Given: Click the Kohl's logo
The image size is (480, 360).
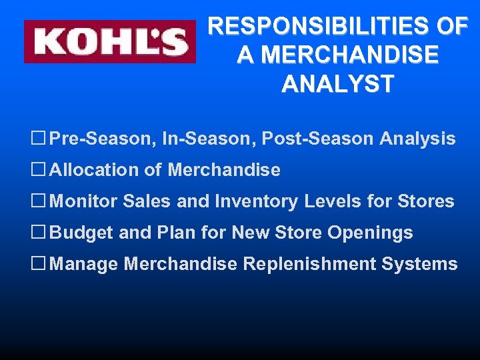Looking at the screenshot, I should click(x=110, y=41).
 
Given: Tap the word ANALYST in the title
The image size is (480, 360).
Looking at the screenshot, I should click(x=337, y=84).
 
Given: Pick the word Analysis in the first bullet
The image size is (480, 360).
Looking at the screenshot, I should click(x=417, y=139).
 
